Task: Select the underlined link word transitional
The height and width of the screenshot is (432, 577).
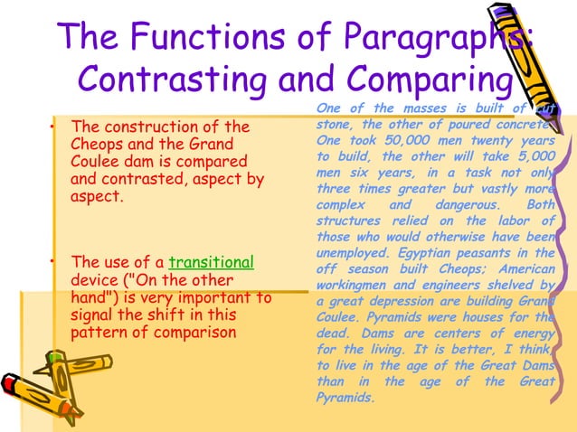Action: point(212,263)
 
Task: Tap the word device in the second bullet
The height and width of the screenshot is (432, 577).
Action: point(93,280)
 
